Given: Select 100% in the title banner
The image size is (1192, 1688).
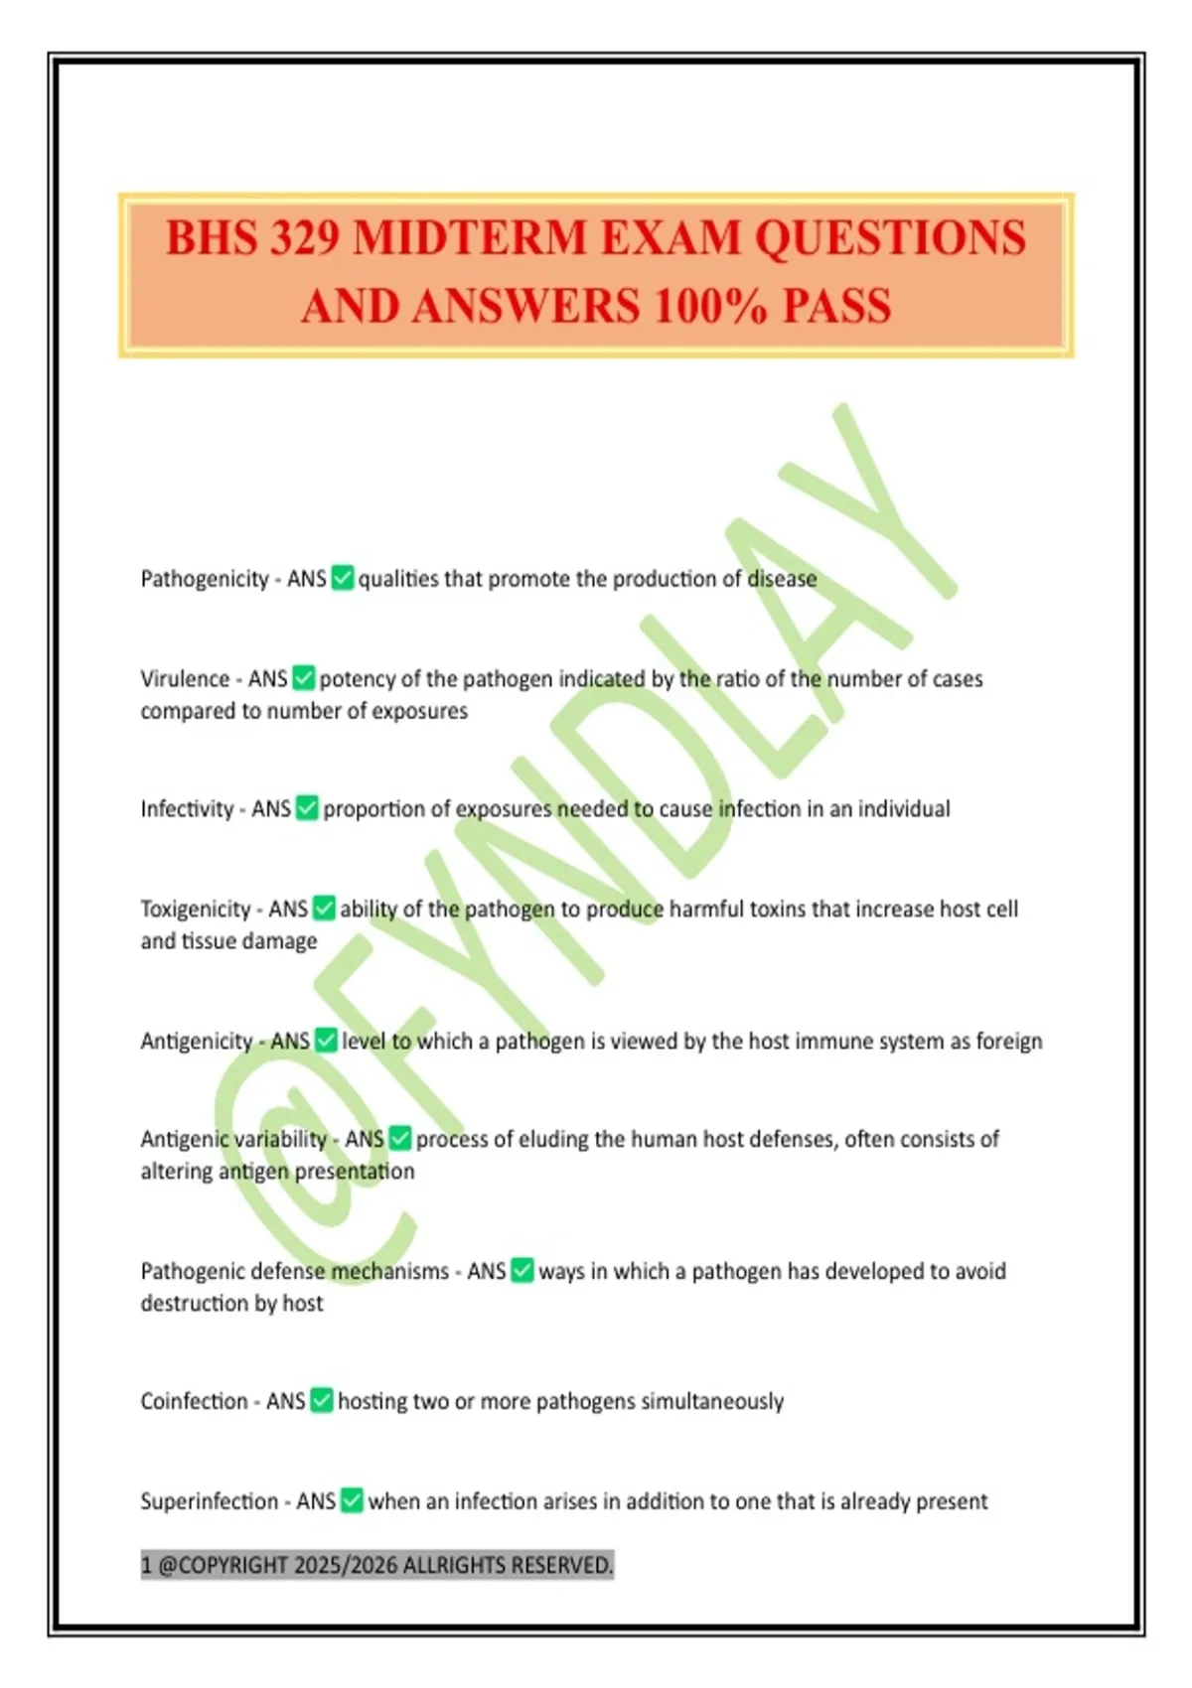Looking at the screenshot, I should point(710,306).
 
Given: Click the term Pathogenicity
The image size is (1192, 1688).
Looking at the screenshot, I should point(205,579).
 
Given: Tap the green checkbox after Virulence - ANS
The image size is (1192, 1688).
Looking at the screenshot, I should point(304,678).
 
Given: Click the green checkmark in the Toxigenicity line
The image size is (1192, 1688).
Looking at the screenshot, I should point(324,909).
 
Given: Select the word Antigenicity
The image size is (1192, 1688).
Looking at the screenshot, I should point(197,1041).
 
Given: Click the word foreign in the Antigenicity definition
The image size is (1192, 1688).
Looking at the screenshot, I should point(1008,1041).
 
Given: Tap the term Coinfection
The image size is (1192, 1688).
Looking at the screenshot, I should point(194,1401).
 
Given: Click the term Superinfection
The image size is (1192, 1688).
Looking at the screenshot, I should point(209,1501).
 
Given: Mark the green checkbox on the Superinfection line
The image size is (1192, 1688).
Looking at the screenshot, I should point(352,1500).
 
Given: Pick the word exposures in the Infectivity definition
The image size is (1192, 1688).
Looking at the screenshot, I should point(503,809).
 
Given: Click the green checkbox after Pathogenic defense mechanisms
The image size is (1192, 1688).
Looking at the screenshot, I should point(522,1271).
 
